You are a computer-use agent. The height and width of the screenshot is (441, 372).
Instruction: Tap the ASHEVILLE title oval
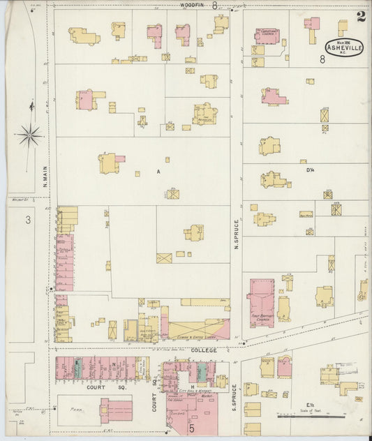(343, 48)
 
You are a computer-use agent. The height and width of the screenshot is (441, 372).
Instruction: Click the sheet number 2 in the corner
(360, 17)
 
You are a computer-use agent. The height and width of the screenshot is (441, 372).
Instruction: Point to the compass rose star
(29, 135)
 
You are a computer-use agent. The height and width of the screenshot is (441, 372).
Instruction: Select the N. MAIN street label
(43, 174)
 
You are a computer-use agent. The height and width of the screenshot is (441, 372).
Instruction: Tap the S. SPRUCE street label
(235, 396)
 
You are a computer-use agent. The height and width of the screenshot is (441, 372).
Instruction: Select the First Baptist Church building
(260, 302)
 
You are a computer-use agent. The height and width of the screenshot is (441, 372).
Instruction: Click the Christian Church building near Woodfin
(266, 36)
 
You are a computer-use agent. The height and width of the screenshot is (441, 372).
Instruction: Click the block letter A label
(158, 170)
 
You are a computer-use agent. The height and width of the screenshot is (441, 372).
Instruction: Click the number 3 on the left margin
(27, 220)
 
